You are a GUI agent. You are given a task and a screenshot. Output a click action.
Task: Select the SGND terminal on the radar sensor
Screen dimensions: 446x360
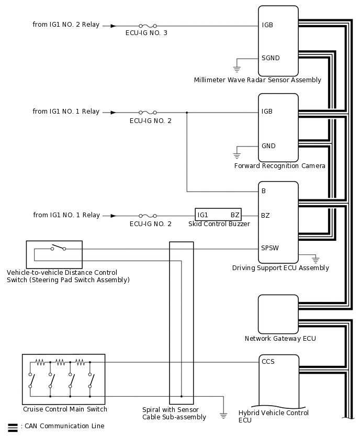[x=271, y=58]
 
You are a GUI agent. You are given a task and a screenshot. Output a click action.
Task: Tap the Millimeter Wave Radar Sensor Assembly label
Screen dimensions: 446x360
[x=257, y=80]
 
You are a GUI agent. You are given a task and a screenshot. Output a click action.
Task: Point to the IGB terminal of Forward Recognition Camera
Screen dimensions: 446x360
[x=267, y=111]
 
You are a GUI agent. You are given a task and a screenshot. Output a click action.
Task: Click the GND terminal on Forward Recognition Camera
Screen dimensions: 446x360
[x=268, y=146]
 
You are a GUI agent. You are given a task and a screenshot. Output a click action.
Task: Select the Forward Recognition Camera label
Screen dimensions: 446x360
[x=280, y=166]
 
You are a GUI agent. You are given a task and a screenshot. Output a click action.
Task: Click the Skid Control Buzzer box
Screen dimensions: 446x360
[x=218, y=215]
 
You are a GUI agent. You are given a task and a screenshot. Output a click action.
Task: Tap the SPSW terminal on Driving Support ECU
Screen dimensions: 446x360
[x=270, y=249]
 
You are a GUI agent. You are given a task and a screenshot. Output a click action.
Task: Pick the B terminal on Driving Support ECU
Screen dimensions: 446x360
[x=264, y=191]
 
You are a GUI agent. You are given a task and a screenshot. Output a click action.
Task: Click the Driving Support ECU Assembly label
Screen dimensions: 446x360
[x=280, y=268]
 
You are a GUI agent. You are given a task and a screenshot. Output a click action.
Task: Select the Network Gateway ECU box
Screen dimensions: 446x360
[x=278, y=314]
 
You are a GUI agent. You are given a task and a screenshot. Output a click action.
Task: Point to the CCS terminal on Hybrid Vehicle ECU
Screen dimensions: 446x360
[x=268, y=362]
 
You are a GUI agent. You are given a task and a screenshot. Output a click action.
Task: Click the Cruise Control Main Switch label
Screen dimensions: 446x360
[x=65, y=409]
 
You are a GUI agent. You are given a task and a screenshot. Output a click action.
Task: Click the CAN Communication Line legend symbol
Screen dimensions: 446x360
[x=13, y=427]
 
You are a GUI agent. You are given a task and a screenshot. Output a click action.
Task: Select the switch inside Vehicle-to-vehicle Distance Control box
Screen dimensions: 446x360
[x=58, y=248]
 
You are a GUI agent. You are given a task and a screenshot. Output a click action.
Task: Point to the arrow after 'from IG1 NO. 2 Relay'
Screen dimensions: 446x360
[x=113, y=25]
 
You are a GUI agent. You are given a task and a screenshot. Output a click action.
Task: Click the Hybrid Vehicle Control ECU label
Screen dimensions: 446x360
[x=273, y=416]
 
